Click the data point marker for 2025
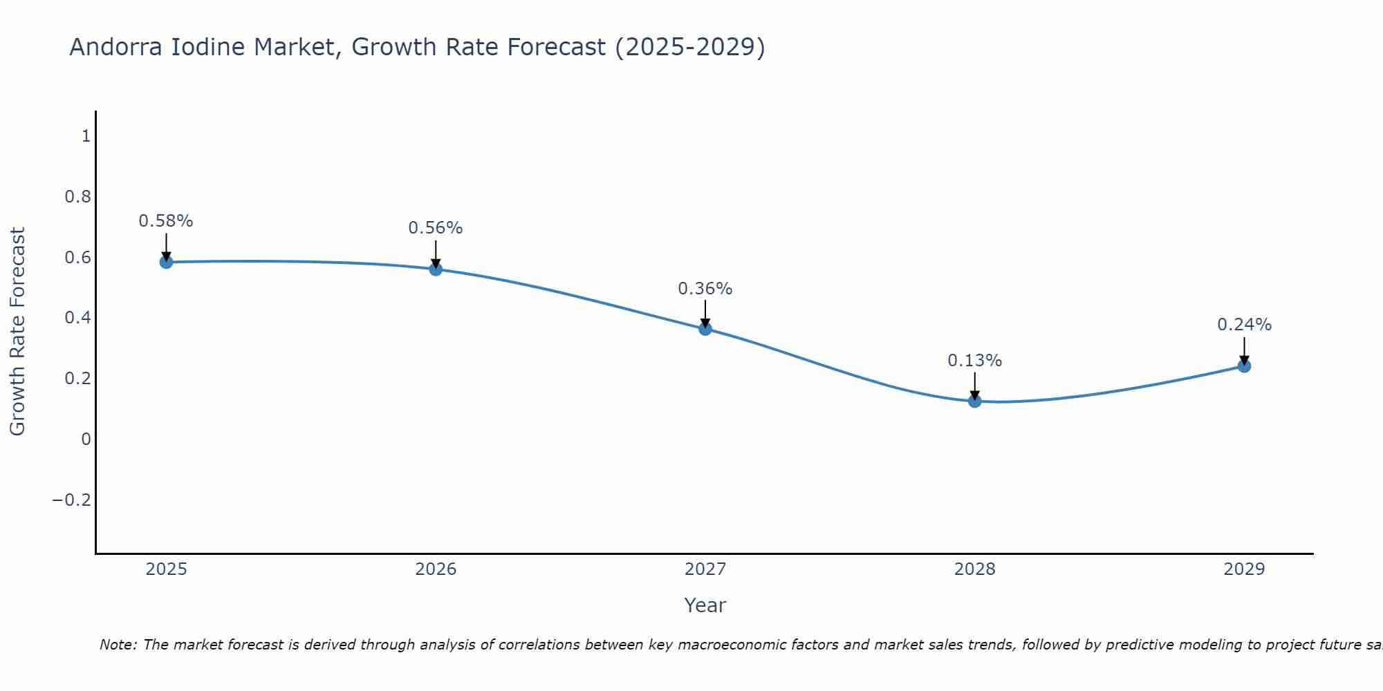[x=166, y=262]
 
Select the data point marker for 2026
[x=436, y=269]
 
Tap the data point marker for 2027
[x=705, y=329]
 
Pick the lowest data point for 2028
[x=975, y=401]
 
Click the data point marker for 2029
[x=1244, y=366]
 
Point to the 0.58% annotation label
[x=166, y=221]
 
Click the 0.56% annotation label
[x=436, y=228]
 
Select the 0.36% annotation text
[x=705, y=289]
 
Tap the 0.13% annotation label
[x=975, y=361]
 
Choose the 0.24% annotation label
[x=1244, y=325]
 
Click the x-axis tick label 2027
[x=705, y=569]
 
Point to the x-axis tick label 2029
[x=1244, y=569]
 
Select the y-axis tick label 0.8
[x=78, y=197]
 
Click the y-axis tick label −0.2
[x=72, y=500]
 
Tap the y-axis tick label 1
[x=86, y=136]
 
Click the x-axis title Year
[x=705, y=605]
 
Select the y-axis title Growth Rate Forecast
[x=17, y=332]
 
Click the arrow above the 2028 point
[x=975, y=386]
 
